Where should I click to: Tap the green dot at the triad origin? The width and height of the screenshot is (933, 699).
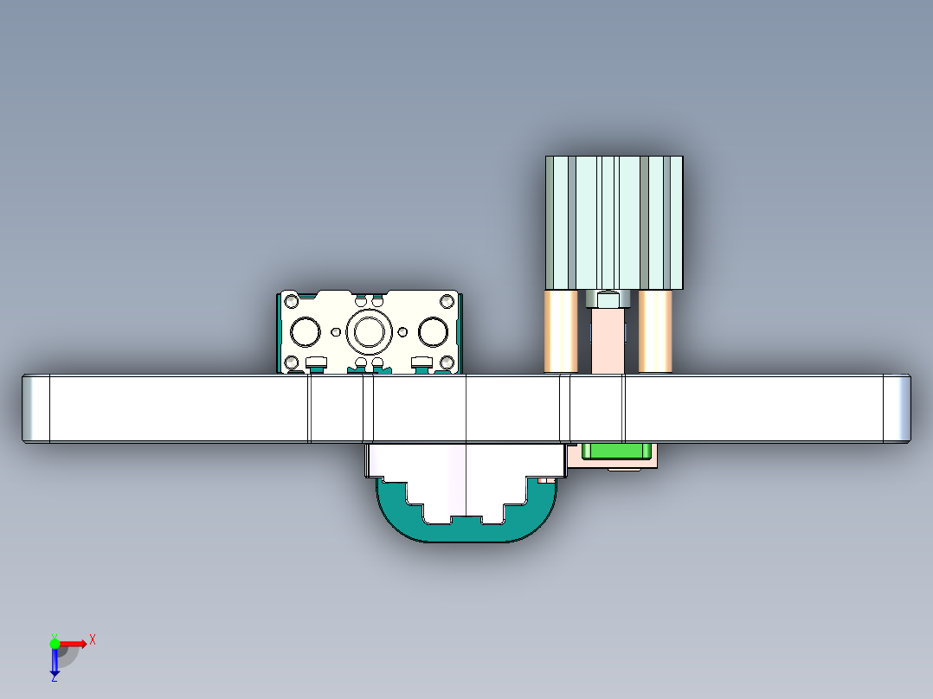tap(55, 643)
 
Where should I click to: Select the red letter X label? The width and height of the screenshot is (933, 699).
tap(93, 639)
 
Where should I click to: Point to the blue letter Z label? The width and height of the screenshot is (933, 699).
tap(54, 679)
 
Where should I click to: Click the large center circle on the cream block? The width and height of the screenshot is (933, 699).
tap(369, 330)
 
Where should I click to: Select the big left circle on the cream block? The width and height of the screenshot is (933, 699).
tap(306, 330)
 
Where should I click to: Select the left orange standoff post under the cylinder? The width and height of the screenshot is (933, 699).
tap(561, 331)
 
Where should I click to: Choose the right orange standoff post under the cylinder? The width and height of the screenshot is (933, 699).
tap(655, 331)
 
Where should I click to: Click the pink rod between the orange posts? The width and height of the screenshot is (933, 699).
tap(608, 342)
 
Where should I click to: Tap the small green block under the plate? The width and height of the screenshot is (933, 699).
tap(615, 451)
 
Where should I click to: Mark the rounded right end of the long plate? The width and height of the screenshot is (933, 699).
tap(898, 408)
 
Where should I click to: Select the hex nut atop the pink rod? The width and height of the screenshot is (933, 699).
tap(608, 299)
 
